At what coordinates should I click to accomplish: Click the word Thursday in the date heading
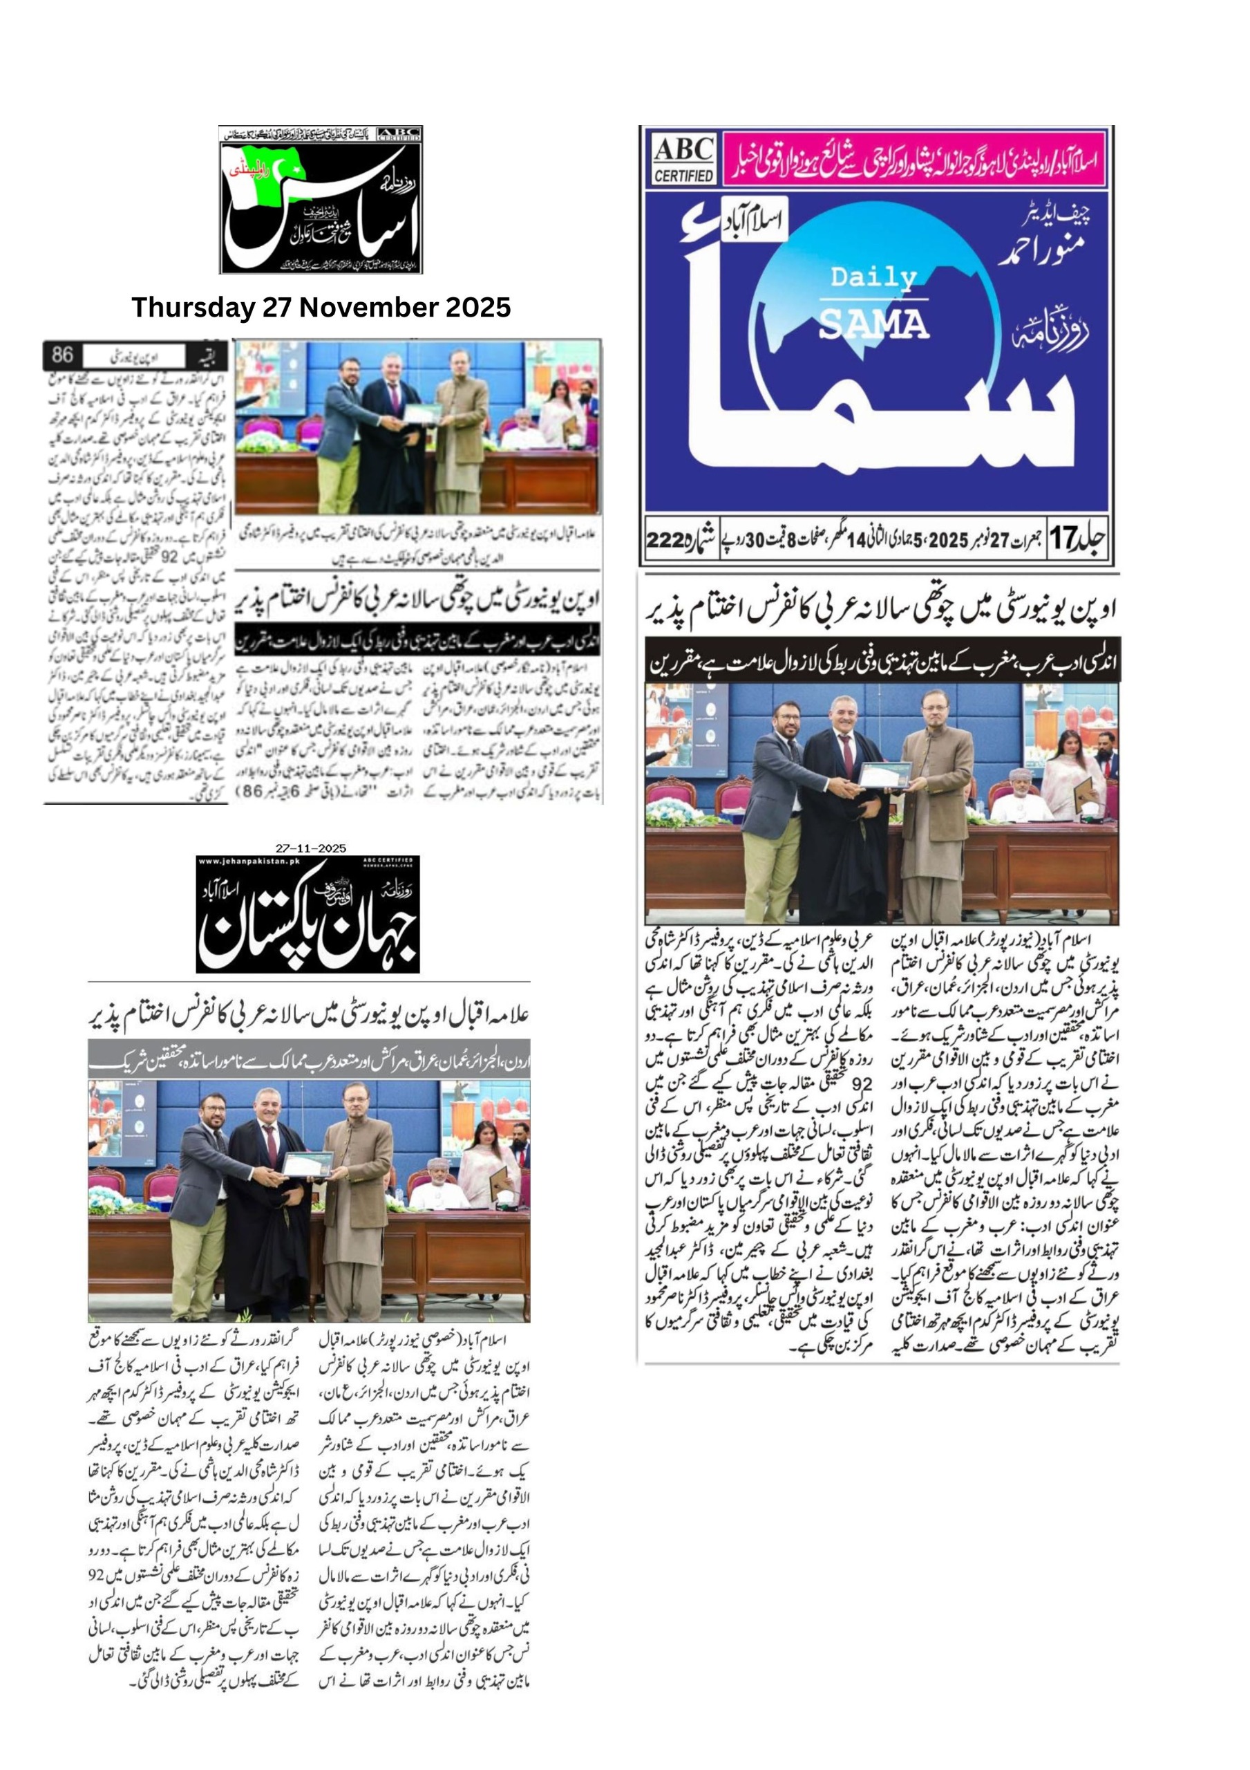tap(193, 308)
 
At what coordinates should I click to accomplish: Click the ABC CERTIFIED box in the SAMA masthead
tap(683, 160)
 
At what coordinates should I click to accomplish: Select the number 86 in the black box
tap(62, 355)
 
